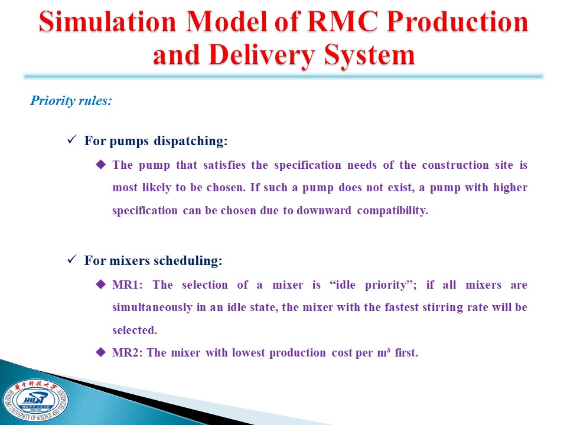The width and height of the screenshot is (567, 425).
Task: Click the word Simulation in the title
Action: click(x=107, y=21)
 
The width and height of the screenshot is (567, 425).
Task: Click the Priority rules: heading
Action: click(x=71, y=100)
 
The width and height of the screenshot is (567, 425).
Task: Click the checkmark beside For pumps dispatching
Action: click(x=72, y=139)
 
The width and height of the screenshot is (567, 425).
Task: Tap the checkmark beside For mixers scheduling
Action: click(x=72, y=259)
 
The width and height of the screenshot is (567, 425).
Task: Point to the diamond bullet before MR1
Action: click(x=101, y=284)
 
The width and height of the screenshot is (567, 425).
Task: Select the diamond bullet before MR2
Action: click(x=101, y=352)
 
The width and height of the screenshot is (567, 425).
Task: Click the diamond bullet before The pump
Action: click(x=101, y=165)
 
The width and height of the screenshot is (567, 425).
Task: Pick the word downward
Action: click(x=324, y=210)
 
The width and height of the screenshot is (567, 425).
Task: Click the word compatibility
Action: click(x=392, y=210)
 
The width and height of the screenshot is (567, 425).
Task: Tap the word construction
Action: click(x=455, y=165)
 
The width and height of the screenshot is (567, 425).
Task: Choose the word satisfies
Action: click(x=224, y=165)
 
